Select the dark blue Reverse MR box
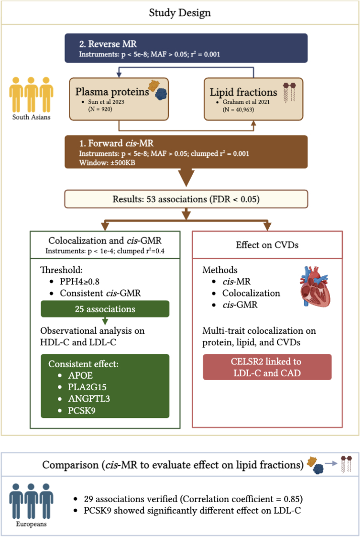pyautogui.click(x=187, y=48)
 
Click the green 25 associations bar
pyautogui.click(x=105, y=307)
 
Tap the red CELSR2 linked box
pyautogui.click(x=267, y=367)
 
